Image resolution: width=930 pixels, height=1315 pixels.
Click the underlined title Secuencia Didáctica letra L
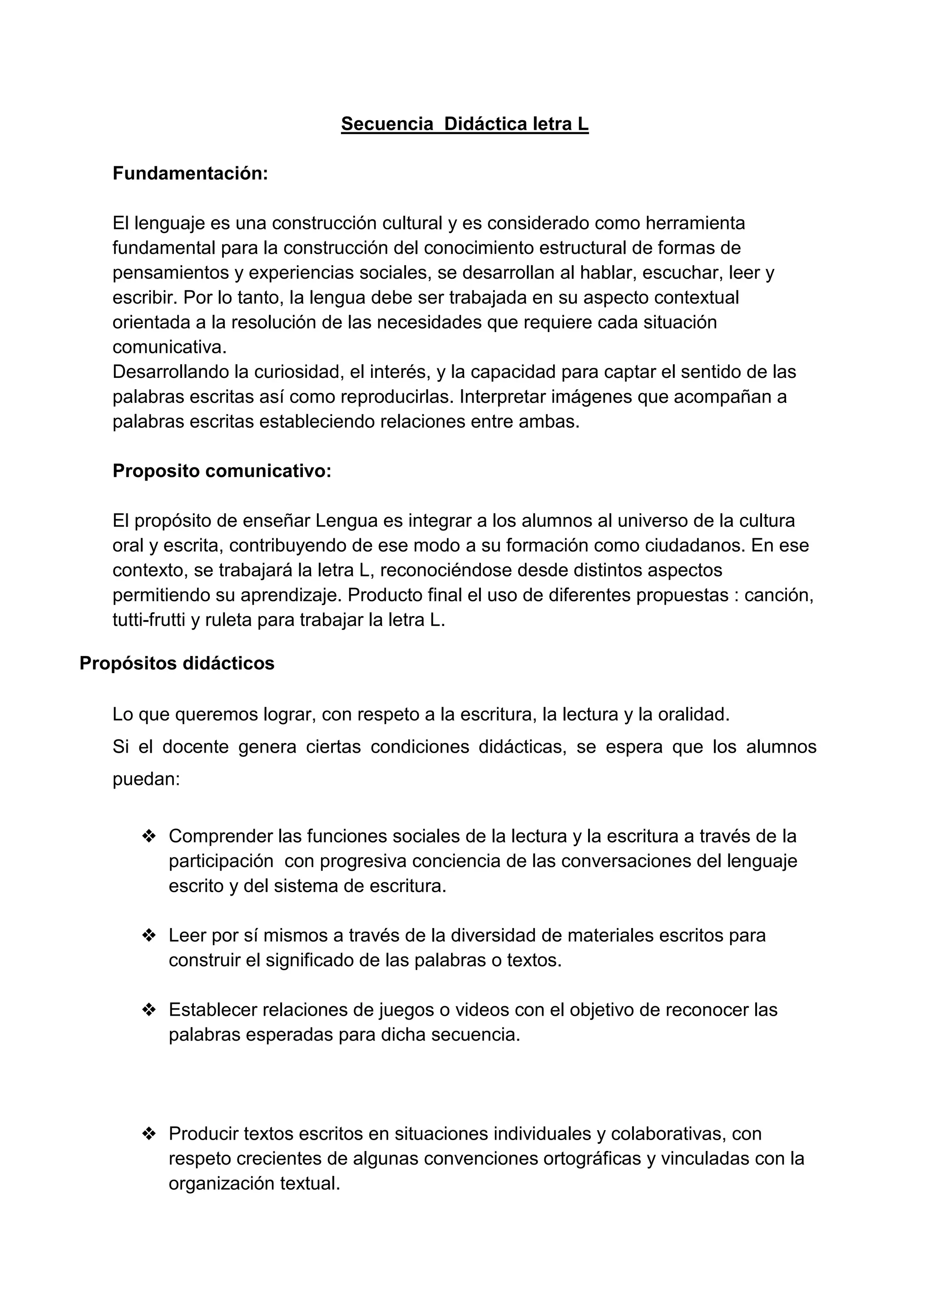(465, 124)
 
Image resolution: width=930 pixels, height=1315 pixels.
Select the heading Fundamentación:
(190, 174)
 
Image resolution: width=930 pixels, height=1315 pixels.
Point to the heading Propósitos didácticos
(177, 663)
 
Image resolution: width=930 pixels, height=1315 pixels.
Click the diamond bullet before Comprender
(149, 837)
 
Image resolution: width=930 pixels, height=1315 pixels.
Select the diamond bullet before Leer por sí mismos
(149, 936)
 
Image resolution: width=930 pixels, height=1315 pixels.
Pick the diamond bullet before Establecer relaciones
(149, 1010)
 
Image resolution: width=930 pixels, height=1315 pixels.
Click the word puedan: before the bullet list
(147, 779)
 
